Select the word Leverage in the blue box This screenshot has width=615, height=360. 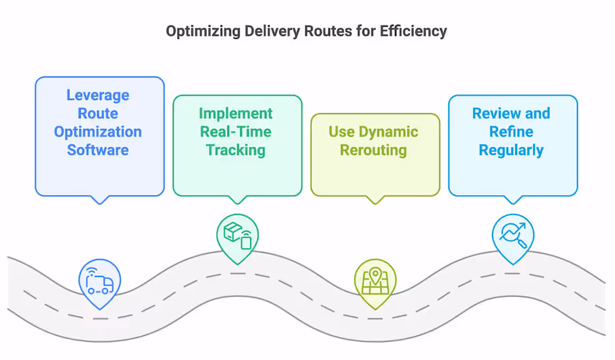(98, 96)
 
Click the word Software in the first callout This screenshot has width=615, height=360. (98, 150)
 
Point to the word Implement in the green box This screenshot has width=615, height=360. (236, 113)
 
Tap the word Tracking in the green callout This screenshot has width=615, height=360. (236, 150)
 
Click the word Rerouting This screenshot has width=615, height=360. (374, 150)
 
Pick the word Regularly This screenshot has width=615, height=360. (511, 150)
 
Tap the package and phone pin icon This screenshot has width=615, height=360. (237, 235)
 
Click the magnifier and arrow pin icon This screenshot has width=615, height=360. (512, 235)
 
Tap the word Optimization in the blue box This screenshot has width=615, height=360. (98, 132)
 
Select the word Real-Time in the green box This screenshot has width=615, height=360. (236, 132)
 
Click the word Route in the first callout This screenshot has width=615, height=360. (98, 113)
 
